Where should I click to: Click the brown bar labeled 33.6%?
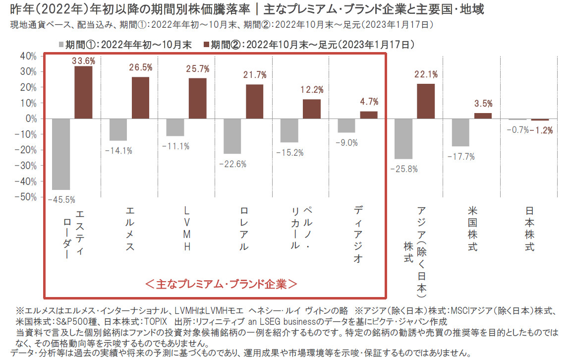[83, 93]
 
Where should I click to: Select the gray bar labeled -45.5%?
[60, 154]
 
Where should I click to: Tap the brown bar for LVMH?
[197, 99]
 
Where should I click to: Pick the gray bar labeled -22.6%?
[232, 136]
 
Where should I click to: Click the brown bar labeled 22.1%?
[425, 102]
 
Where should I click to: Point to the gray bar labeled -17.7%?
[460, 133]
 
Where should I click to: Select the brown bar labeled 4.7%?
[368, 115]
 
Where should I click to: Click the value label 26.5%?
[142, 67]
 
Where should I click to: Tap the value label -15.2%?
[292, 152]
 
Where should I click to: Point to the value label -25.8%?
[403, 169]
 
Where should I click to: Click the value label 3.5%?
[483, 104]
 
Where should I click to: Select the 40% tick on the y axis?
[28, 56]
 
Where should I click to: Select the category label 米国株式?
[472, 229]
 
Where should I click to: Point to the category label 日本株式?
[529, 229]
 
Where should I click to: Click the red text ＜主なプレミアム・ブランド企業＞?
[221, 284]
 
